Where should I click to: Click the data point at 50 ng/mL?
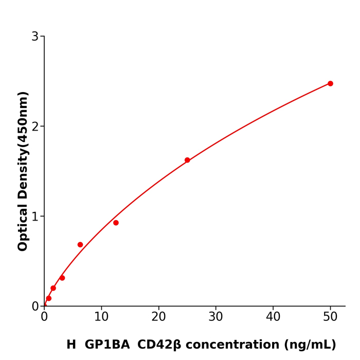tap(330, 83)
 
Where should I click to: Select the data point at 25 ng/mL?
tap(187, 160)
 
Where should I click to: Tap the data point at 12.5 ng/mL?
tap(116, 223)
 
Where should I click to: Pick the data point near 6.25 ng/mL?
tap(80, 245)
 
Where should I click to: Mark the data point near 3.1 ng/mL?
tap(62, 278)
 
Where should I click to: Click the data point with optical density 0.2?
tap(53, 288)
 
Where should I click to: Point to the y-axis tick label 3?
tap(35, 37)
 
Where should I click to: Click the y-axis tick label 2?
tap(35, 127)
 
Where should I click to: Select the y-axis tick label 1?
tap(35, 217)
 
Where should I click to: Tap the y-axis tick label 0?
tap(35, 307)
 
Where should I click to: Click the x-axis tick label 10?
tap(101, 317)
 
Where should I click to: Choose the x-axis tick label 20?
tap(158, 317)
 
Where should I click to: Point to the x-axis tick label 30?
tap(216, 317)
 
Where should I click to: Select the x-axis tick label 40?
tap(273, 317)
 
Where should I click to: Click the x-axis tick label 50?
tap(330, 317)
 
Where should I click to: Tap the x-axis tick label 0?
tap(44, 317)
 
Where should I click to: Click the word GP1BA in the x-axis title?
tap(107, 345)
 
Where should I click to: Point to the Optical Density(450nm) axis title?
tap(23, 171)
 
